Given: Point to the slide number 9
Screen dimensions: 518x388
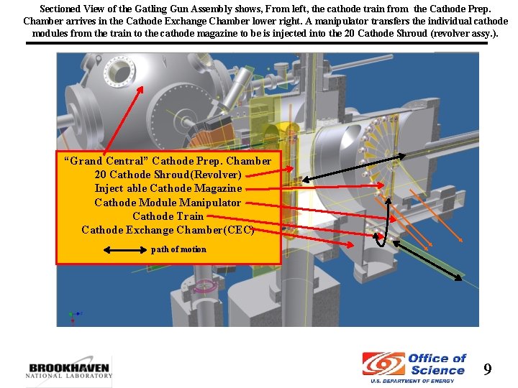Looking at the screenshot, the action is click(488, 369).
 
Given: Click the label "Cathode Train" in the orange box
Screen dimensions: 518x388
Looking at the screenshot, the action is click(168, 216).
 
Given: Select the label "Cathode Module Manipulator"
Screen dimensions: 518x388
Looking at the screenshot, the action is click(168, 203).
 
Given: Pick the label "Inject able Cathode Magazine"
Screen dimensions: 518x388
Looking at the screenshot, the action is click(168, 188).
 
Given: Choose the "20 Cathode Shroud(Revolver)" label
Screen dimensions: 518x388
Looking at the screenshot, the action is click(168, 175).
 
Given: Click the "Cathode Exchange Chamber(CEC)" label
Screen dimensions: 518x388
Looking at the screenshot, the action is click(168, 230).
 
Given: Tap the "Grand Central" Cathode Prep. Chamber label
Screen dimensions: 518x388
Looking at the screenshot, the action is click(168, 161).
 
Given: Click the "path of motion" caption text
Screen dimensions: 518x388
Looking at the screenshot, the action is click(178, 249).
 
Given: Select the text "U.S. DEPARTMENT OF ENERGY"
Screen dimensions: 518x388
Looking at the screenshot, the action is click(412, 381).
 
